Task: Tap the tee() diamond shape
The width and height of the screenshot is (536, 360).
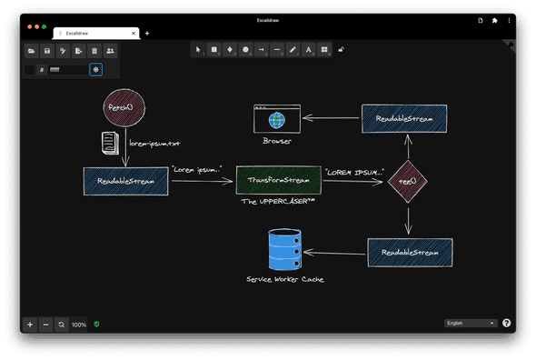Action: coord(407,181)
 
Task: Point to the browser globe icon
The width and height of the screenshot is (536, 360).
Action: coord(276,118)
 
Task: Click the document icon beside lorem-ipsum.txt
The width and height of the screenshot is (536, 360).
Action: coord(110,143)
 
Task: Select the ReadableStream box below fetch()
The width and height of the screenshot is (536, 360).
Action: coord(125,181)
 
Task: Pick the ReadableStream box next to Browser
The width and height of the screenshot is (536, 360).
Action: coord(404,119)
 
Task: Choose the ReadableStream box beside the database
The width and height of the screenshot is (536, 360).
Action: coord(410,252)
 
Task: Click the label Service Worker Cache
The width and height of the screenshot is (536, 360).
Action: coord(284,279)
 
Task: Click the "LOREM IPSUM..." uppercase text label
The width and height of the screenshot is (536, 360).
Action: coord(353,172)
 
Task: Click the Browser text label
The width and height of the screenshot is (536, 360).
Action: coord(276,141)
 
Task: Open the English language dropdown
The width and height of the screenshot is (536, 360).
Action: coord(471,323)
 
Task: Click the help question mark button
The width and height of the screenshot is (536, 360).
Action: coord(506,323)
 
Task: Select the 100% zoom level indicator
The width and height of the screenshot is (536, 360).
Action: coord(79,324)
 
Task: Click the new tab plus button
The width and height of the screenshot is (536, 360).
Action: coord(147,34)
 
